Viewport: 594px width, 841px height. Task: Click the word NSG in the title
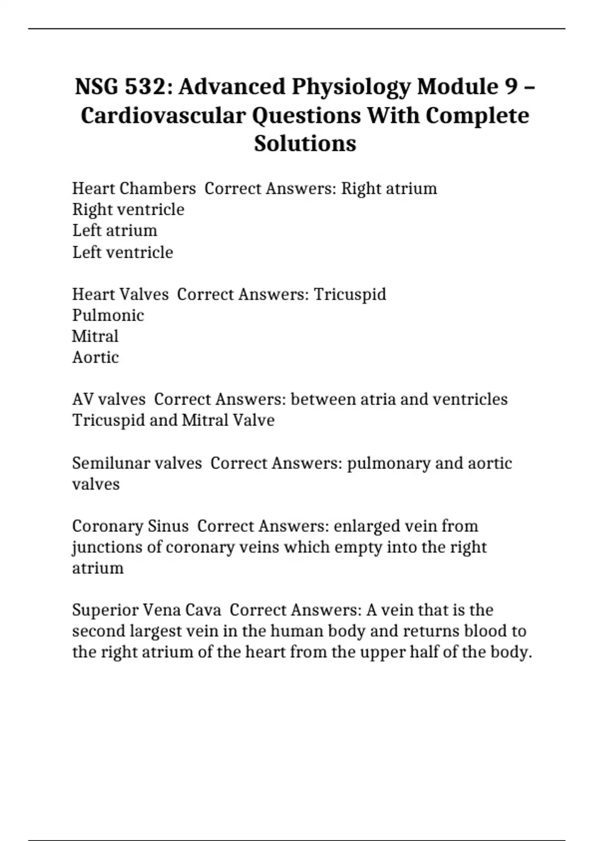[97, 87]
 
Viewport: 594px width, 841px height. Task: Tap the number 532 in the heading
[147, 87]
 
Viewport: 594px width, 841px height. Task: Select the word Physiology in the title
[351, 87]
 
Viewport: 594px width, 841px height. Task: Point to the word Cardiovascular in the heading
[163, 116]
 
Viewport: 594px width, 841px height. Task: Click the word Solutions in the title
[305, 143]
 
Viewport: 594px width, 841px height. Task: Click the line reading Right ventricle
[128, 209]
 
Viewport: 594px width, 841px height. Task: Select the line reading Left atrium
[114, 231]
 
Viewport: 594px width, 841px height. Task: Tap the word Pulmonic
[108, 315]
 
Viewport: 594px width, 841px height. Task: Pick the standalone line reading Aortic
[95, 357]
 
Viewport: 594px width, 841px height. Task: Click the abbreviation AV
[83, 399]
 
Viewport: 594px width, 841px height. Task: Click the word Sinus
[170, 526]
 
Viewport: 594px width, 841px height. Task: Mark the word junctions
[102, 547]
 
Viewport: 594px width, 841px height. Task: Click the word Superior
[104, 610]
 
